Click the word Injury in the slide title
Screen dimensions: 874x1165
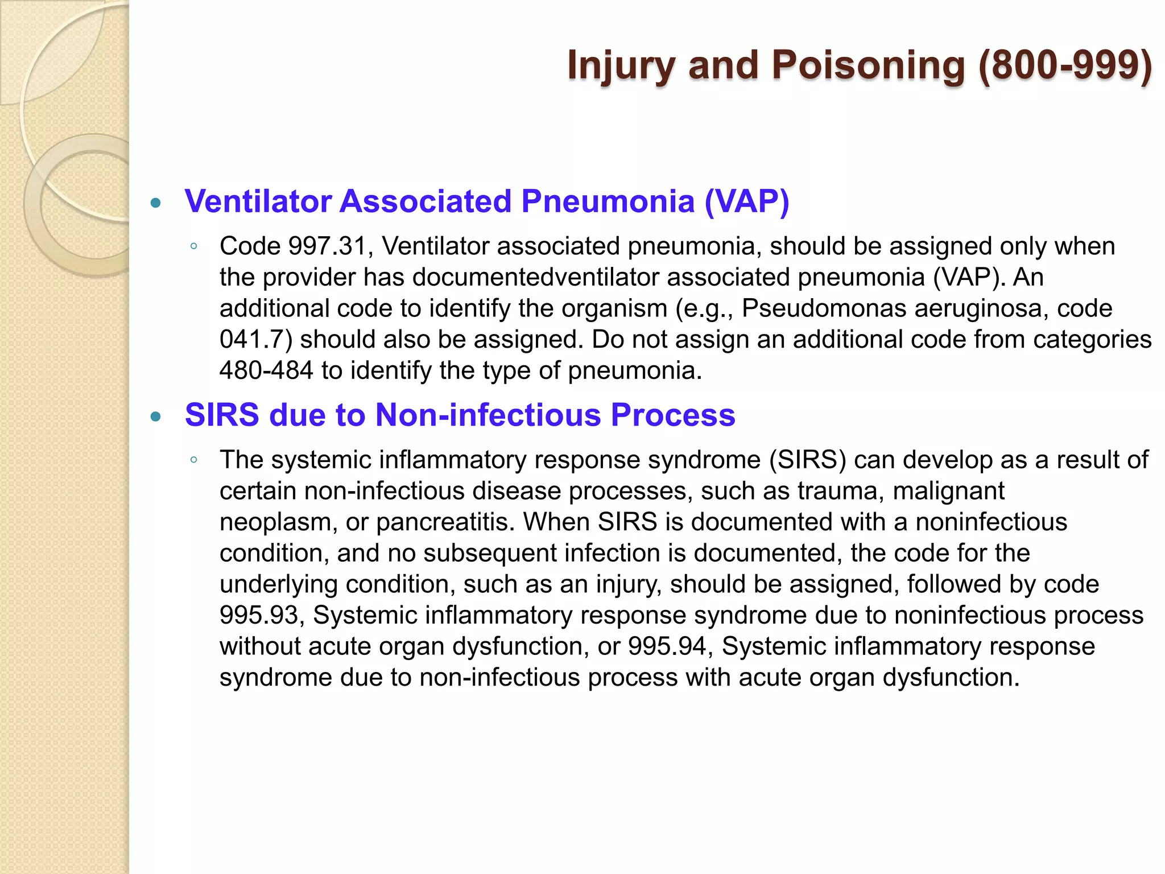pos(622,65)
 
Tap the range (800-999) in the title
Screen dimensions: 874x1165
pos(1065,65)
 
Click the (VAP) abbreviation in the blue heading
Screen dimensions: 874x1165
pos(747,201)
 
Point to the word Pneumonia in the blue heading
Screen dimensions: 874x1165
pos(608,201)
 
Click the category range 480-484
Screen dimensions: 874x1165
pos(266,371)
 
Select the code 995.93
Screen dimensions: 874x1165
pos(259,616)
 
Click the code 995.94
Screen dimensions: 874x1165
pos(667,647)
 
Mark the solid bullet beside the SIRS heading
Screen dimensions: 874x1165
pos(156,417)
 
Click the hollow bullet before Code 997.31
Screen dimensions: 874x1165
pos(194,247)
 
